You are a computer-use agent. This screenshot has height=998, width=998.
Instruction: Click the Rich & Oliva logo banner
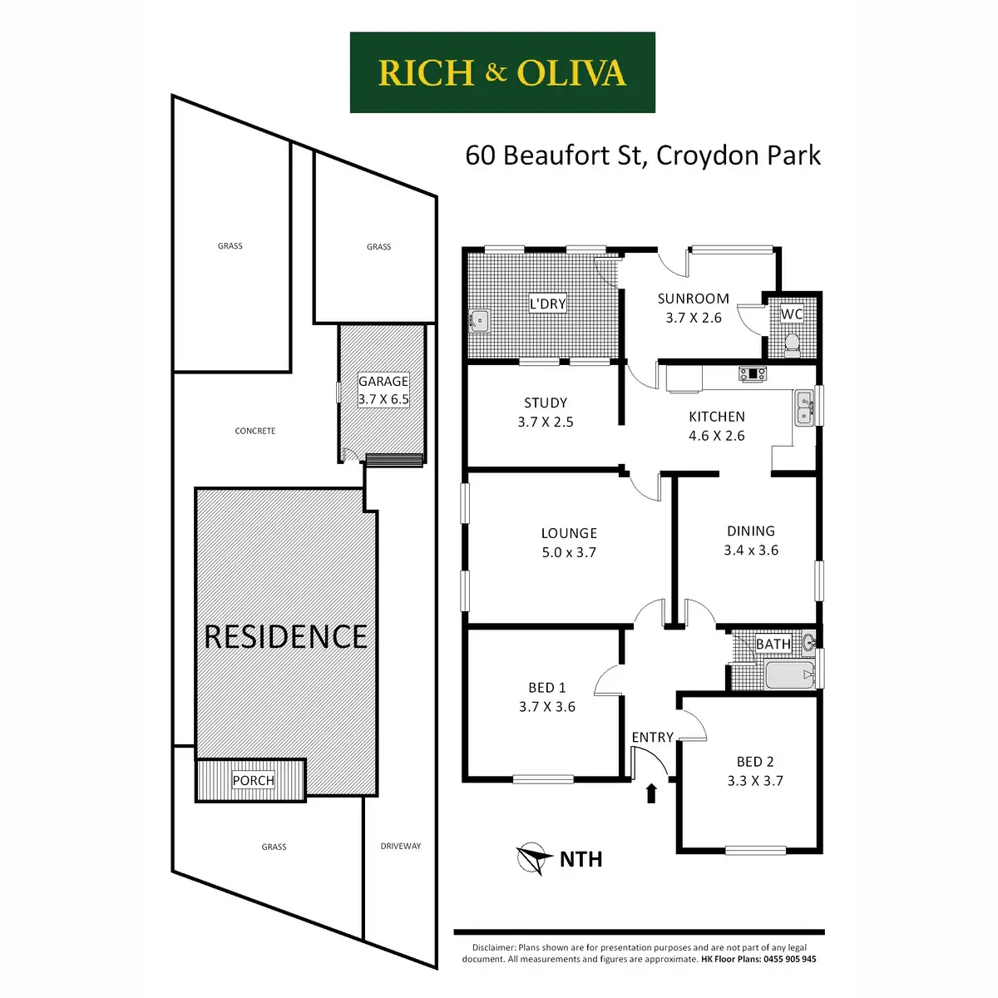click(502, 72)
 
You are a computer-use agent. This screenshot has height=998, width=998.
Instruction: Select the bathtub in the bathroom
click(788, 674)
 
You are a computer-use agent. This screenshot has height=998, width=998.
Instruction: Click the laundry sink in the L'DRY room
click(479, 321)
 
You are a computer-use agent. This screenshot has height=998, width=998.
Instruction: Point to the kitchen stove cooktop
click(753, 374)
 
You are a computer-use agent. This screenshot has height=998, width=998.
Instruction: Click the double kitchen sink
click(803, 408)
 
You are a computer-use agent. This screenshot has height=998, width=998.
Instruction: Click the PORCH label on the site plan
click(253, 780)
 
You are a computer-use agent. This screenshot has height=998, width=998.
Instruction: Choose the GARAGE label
click(383, 381)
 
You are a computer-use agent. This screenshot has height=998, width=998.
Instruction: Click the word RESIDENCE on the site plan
click(285, 637)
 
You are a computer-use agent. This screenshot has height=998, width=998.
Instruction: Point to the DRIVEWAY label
click(401, 846)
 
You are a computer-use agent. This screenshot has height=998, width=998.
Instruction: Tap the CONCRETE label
click(255, 431)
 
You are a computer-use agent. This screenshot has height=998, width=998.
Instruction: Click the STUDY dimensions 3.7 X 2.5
click(546, 422)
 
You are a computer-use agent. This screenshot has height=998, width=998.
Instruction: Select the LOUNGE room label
click(569, 533)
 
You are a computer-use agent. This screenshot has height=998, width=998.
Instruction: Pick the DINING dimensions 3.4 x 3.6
click(751, 550)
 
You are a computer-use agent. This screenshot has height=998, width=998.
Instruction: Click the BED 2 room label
click(755, 762)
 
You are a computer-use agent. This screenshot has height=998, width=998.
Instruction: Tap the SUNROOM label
click(693, 299)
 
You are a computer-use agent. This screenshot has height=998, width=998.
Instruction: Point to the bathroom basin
click(808, 642)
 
